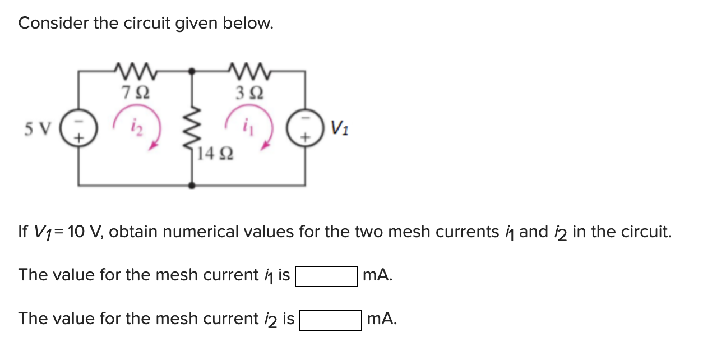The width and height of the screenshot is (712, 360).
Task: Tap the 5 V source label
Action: pyautogui.click(x=38, y=129)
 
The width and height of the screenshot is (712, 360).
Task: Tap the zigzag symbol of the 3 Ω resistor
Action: pyautogui.click(x=247, y=71)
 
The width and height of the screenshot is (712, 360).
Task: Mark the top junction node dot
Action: pyautogui.click(x=192, y=71)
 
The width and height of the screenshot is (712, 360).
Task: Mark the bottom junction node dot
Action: pyautogui.click(x=192, y=185)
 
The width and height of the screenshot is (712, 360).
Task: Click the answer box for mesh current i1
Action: pyautogui.click(x=326, y=276)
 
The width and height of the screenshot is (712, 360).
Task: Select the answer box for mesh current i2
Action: pyautogui.click(x=330, y=320)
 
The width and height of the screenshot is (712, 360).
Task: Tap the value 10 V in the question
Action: pyautogui.click(x=84, y=232)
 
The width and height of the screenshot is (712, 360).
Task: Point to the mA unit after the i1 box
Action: pyautogui.click(x=377, y=275)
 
